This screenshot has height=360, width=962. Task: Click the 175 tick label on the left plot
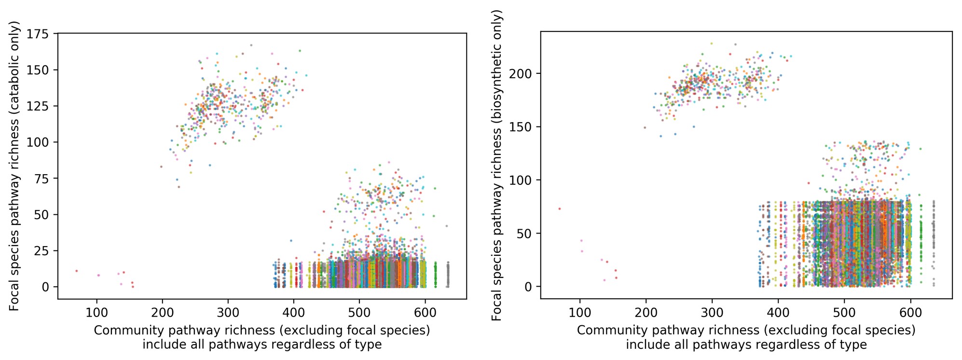click(38, 34)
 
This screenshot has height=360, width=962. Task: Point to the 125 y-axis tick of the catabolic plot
click(38, 106)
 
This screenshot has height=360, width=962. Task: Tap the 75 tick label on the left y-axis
click(41, 179)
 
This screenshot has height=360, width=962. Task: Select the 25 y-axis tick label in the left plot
click(41, 250)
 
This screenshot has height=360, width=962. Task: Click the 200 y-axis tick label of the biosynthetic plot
click(521, 74)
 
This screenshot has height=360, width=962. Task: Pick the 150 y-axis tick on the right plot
click(521, 127)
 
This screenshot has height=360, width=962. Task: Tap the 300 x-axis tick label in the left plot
click(228, 313)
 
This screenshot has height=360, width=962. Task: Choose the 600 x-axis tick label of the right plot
click(910, 313)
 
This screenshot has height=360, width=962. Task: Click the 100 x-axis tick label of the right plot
click(580, 313)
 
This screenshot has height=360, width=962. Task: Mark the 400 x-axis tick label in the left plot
click(293, 313)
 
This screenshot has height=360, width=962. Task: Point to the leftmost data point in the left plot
click(77, 271)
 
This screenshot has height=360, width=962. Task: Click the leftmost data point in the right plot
click(560, 209)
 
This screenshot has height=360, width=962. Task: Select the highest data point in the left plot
click(251, 45)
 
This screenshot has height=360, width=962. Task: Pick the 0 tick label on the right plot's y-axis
click(528, 287)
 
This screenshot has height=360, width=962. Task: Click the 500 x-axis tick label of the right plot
click(844, 313)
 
